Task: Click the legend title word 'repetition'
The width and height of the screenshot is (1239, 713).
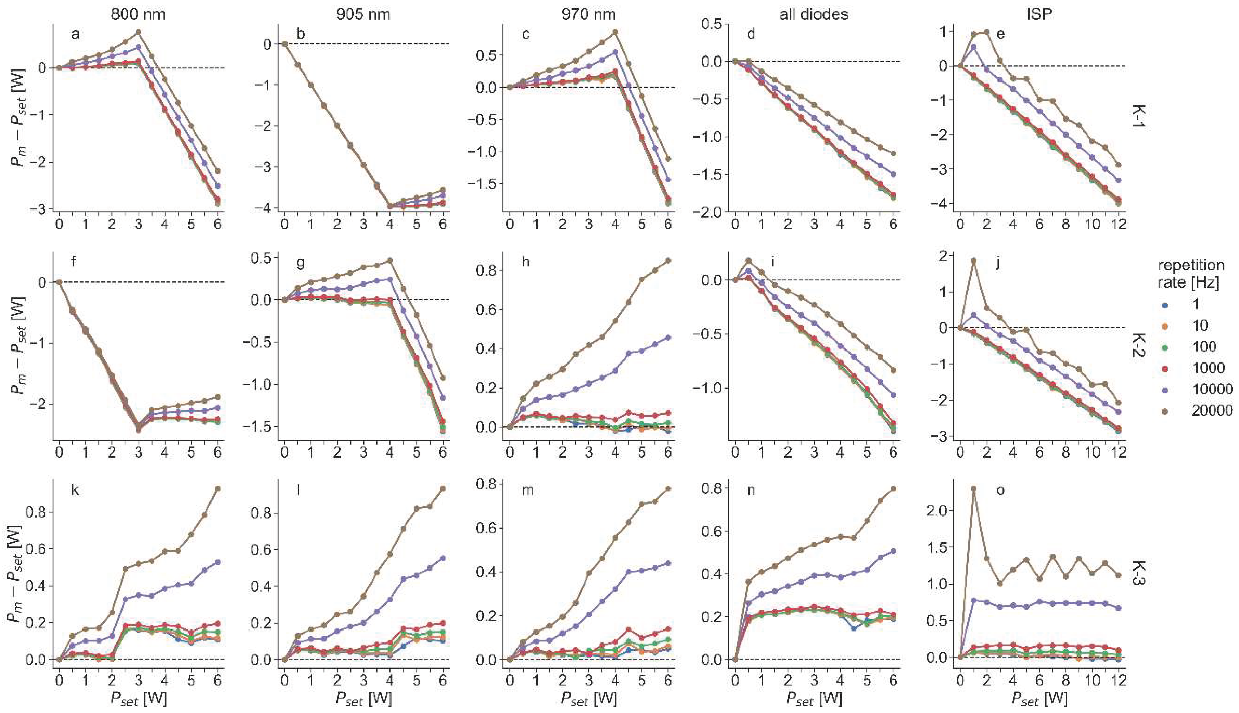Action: [x=1190, y=265]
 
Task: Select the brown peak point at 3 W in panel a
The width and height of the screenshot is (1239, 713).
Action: [x=139, y=32]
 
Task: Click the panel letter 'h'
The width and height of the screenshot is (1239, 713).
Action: [x=527, y=262]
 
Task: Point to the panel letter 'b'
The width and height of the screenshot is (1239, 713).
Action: [x=301, y=34]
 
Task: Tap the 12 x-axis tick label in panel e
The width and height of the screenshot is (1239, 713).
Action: [x=1118, y=224]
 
